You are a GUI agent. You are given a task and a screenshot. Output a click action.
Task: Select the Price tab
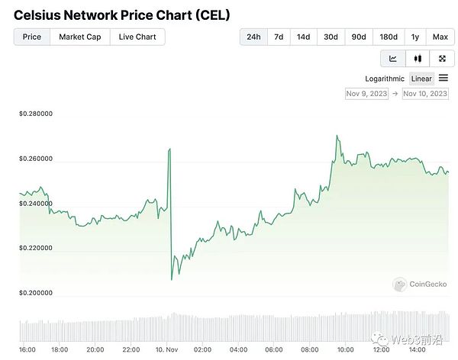[x=32, y=37]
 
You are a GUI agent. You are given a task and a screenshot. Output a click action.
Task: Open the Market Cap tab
[x=80, y=37]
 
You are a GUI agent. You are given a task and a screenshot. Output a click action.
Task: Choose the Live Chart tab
[x=137, y=37]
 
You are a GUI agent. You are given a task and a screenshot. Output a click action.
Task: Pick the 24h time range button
[x=253, y=37]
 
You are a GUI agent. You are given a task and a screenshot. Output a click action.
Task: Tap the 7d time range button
[x=279, y=37]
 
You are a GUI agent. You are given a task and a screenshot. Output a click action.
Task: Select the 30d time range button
[x=331, y=37]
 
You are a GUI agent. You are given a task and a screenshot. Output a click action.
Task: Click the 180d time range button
[x=388, y=37]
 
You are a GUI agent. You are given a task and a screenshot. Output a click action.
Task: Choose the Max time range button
[x=440, y=37]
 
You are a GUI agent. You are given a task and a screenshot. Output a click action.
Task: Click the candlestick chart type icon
[x=418, y=59]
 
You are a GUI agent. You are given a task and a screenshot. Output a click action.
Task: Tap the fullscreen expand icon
[x=442, y=59]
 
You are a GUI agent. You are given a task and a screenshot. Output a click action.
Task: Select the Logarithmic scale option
[x=385, y=79]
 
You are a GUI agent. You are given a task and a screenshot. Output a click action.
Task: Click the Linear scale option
[x=421, y=79]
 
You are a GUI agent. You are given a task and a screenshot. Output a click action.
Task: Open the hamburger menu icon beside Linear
[x=443, y=79]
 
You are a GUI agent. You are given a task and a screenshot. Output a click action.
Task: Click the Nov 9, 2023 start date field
[x=366, y=94]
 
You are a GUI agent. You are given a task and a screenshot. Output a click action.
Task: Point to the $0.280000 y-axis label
[x=36, y=114]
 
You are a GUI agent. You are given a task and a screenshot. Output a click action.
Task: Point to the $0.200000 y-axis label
[x=36, y=293]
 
